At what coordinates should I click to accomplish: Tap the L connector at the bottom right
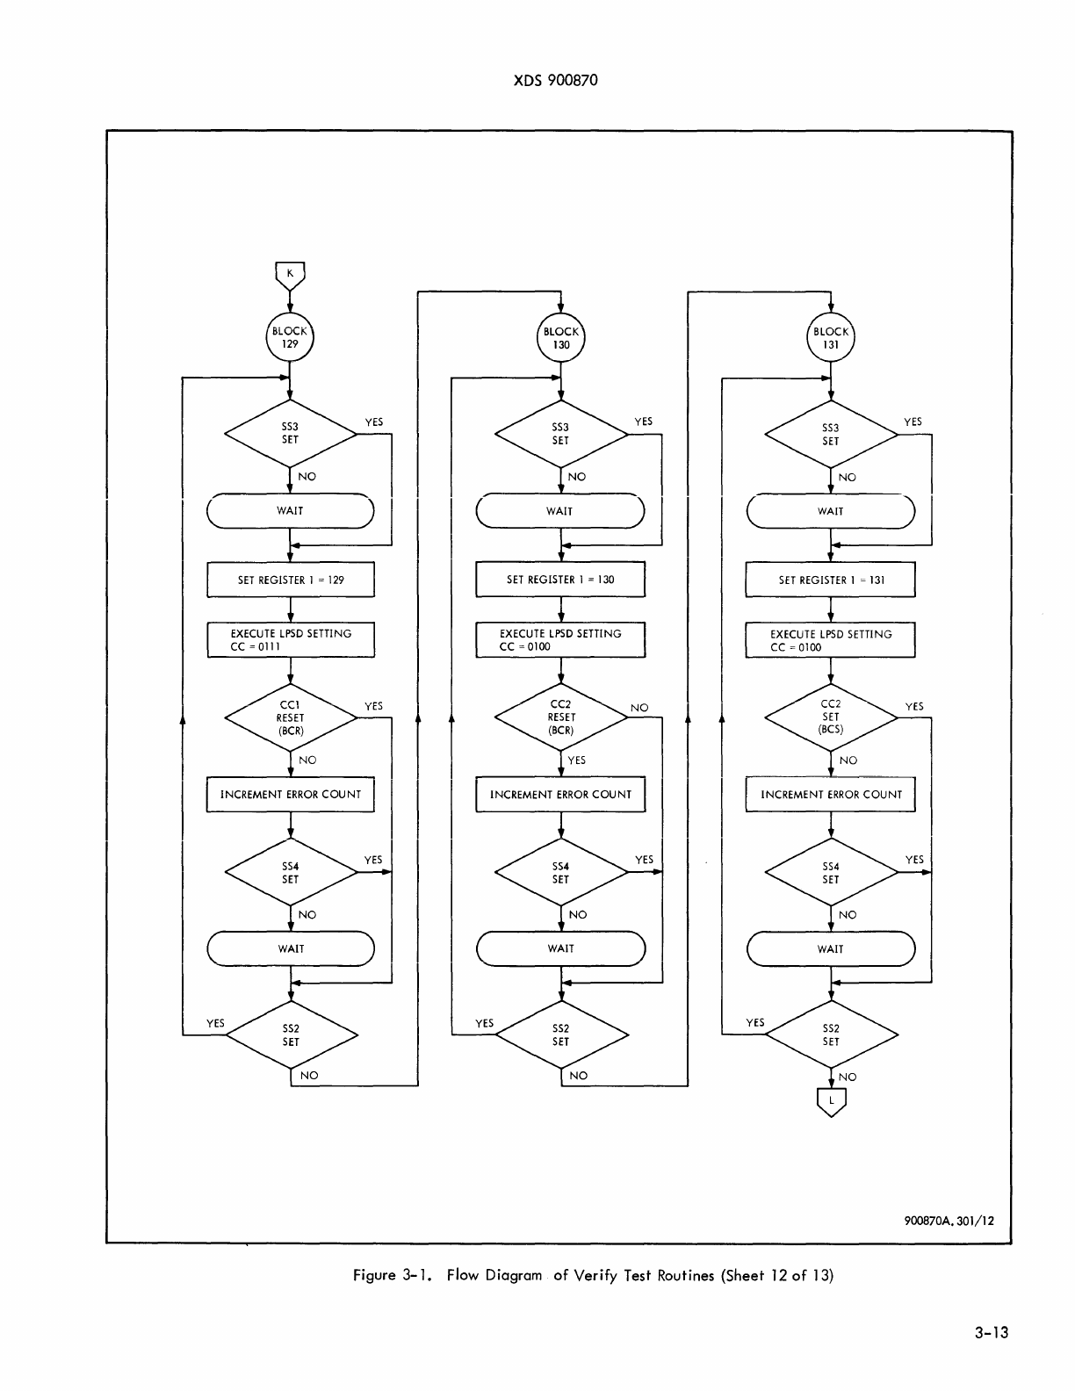tap(831, 1101)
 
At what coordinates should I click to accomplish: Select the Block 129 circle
tap(290, 338)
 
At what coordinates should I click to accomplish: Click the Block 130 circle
tap(560, 338)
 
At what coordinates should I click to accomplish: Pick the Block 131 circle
tap(831, 338)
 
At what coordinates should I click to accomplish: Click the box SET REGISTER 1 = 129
tap(291, 580)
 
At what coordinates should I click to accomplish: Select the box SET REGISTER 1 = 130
tap(560, 580)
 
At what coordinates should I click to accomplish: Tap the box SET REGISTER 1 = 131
tap(831, 580)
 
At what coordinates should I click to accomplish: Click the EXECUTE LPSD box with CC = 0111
tap(291, 639)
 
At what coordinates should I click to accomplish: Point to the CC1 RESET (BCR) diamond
tap(291, 717)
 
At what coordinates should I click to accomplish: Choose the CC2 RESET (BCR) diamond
tap(560, 717)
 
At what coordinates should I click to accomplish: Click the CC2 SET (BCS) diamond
tap(831, 717)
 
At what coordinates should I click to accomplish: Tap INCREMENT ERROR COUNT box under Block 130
tap(560, 794)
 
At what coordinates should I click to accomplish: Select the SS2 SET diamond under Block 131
tap(831, 1034)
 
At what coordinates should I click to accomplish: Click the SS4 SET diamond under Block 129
tap(291, 872)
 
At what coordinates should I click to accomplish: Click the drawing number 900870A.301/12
tap(949, 1221)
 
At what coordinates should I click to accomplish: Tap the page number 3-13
tap(991, 1333)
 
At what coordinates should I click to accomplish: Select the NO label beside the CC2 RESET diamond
tap(639, 707)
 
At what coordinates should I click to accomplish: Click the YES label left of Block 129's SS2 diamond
tap(215, 1023)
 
